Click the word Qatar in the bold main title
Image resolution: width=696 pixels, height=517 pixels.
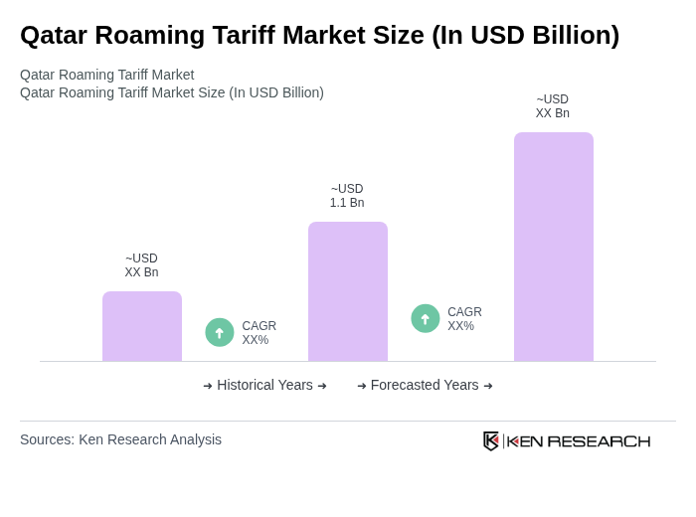click(52, 36)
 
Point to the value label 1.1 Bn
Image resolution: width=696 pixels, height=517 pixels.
click(347, 203)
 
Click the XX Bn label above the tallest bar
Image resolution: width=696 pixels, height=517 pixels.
click(553, 113)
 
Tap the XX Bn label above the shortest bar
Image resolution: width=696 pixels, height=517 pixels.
click(141, 272)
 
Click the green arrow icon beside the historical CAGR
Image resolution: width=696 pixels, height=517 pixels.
click(220, 333)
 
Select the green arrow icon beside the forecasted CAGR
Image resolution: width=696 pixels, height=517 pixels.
click(426, 319)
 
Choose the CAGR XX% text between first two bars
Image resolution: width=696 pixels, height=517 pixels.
click(259, 333)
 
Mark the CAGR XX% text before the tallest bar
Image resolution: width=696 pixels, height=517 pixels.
click(464, 319)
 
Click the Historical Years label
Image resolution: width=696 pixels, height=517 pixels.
click(264, 385)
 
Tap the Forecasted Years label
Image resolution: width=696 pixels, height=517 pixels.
click(425, 385)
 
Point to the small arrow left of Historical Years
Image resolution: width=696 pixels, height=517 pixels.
click(208, 386)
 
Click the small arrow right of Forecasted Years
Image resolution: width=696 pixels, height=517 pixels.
click(488, 386)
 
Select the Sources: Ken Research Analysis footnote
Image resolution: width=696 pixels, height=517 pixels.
click(120, 439)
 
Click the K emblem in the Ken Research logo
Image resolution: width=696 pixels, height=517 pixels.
click(491, 440)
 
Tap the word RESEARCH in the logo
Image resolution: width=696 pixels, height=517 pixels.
click(599, 441)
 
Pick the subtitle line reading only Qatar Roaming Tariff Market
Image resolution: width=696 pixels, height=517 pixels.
click(106, 75)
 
